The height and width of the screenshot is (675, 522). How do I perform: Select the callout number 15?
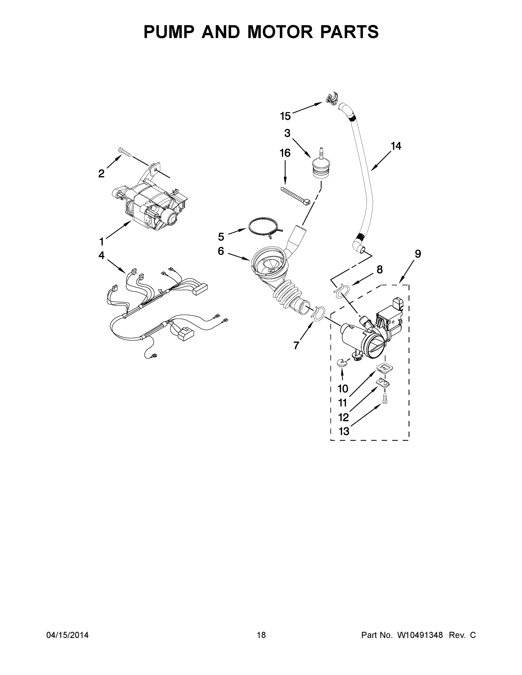[x=285, y=116]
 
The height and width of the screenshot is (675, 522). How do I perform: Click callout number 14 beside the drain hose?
[x=396, y=146]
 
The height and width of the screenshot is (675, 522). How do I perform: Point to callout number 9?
[x=418, y=254]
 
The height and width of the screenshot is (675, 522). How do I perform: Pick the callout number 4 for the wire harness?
[x=101, y=255]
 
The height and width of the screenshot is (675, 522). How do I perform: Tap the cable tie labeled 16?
[x=295, y=196]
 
